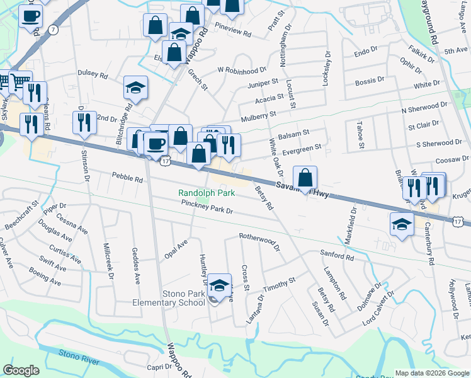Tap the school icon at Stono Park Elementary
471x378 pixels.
coord(219,285)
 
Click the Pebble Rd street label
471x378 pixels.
coord(127,178)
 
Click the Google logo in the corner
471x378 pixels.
coord(21,370)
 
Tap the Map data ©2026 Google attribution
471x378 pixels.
coord(433,372)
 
